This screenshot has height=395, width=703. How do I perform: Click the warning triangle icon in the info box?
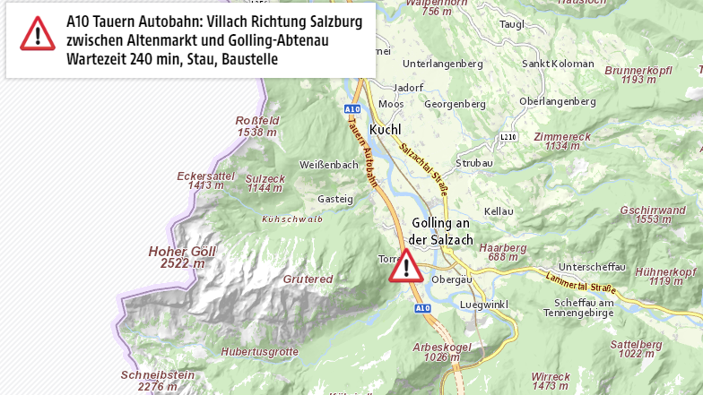pos(38,33)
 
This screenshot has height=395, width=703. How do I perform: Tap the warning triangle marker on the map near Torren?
pos(406,267)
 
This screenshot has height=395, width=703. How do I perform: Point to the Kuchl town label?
pos(384,129)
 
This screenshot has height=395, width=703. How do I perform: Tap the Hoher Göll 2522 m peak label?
pos(181,258)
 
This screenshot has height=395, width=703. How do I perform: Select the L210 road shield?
pos(508,136)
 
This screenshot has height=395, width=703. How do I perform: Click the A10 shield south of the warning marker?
pos(423,308)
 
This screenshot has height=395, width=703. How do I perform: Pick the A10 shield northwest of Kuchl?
pos(351,107)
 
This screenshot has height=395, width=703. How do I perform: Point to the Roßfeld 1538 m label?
pos(256,126)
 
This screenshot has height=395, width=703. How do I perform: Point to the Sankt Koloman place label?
pos(558,64)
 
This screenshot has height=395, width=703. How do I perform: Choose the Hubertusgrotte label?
pos(259,352)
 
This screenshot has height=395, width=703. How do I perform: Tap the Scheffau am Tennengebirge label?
pos(578,307)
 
